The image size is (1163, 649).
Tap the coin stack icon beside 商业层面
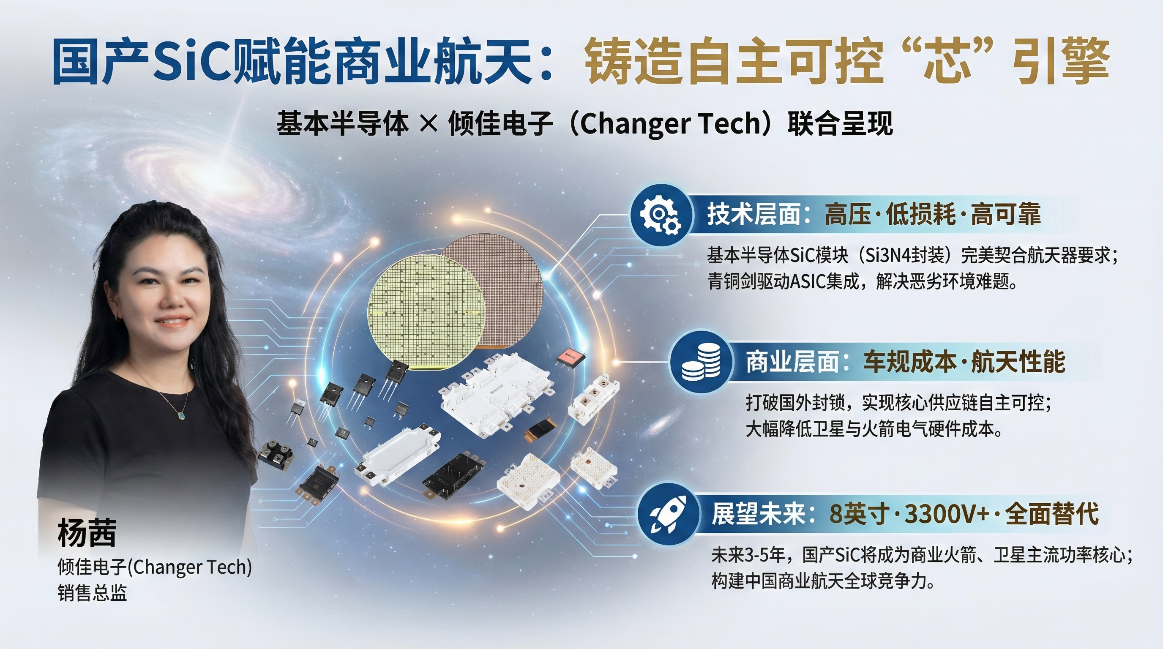(x=700, y=362)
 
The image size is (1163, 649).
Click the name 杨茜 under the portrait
(x=87, y=532)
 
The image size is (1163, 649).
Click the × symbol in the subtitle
(x=429, y=123)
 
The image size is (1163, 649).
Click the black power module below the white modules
(x=454, y=476)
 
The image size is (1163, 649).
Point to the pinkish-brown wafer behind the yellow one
(x=506, y=275)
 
